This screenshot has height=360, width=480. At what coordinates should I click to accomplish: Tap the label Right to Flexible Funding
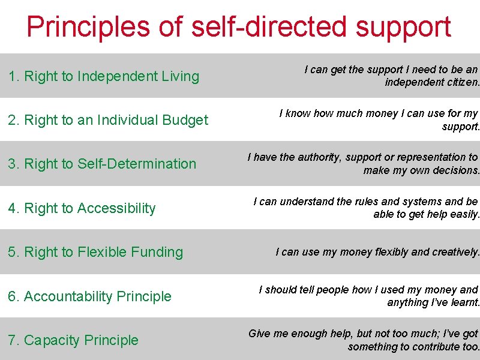click(x=95, y=252)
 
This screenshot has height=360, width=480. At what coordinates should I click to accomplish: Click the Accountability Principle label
click(x=89, y=296)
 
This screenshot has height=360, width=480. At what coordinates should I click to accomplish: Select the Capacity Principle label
click(x=73, y=340)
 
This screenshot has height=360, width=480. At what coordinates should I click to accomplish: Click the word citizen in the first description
click(x=464, y=83)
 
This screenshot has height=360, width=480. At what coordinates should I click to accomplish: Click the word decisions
click(x=458, y=170)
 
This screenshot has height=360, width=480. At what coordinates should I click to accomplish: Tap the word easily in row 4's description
click(x=464, y=214)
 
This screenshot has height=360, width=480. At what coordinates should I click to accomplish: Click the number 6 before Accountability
click(x=12, y=296)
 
